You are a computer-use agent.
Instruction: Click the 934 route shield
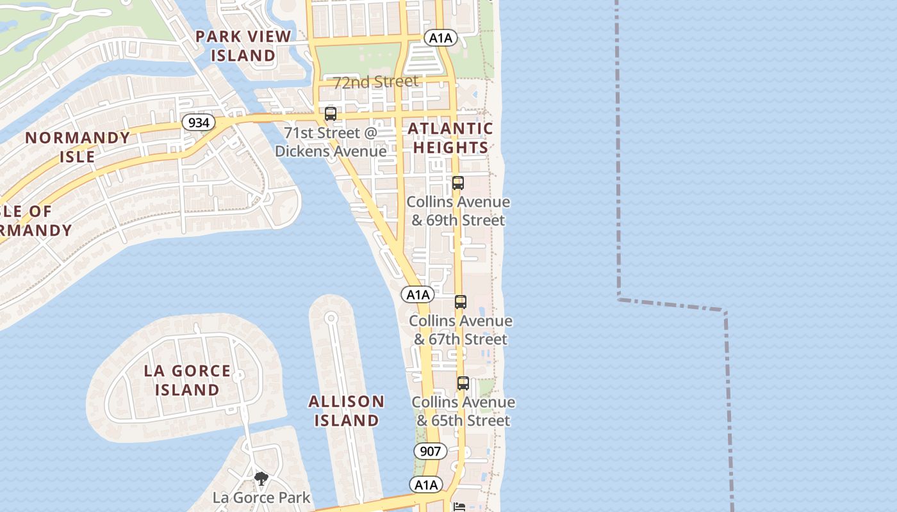pos(199,122)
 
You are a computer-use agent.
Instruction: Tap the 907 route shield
pos(431,451)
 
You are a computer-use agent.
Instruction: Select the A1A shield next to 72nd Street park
pos(440,38)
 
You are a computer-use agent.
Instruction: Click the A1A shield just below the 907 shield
pos(426,484)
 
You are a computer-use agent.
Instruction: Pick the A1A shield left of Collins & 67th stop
pos(418,294)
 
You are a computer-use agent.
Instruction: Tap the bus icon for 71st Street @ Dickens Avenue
pos(331,115)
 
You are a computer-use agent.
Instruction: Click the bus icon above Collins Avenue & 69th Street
pos(457,183)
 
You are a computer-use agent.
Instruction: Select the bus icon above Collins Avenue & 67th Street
pos(460,302)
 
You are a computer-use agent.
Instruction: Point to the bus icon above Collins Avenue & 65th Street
pos(463,383)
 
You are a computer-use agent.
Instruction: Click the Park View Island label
pos(243,46)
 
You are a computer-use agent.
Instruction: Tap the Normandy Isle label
pos(78,147)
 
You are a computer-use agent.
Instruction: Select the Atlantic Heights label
pos(450,138)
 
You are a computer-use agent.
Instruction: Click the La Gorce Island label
pos(187,380)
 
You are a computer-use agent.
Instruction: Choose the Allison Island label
pos(346,411)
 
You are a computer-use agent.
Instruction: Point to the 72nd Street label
pos(375,82)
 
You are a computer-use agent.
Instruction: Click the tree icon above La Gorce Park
pos(261,478)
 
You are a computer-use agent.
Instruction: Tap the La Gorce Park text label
pos(261,497)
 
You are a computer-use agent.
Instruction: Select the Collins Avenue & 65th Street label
pos(463,411)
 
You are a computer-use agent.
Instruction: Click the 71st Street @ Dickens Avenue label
pos(331,142)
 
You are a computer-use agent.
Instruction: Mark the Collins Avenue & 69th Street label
pos(459,211)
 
